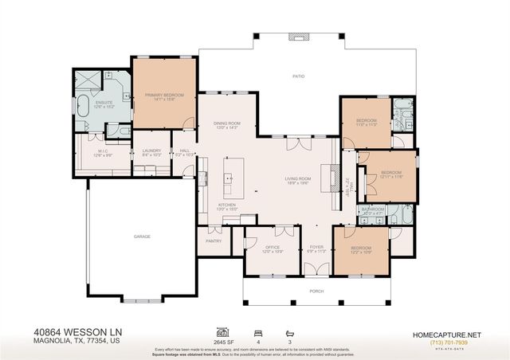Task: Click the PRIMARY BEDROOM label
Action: point(164,96)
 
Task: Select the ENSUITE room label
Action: point(104,103)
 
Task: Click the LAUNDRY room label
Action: point(151,151)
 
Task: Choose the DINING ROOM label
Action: point(227,123)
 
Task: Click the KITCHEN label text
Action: point(227,205)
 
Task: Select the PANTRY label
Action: point(214,240)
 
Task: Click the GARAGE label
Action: point(143,237)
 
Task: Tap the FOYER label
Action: point(317,248)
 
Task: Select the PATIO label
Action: point(298,76)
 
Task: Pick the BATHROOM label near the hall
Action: point(373,209)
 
